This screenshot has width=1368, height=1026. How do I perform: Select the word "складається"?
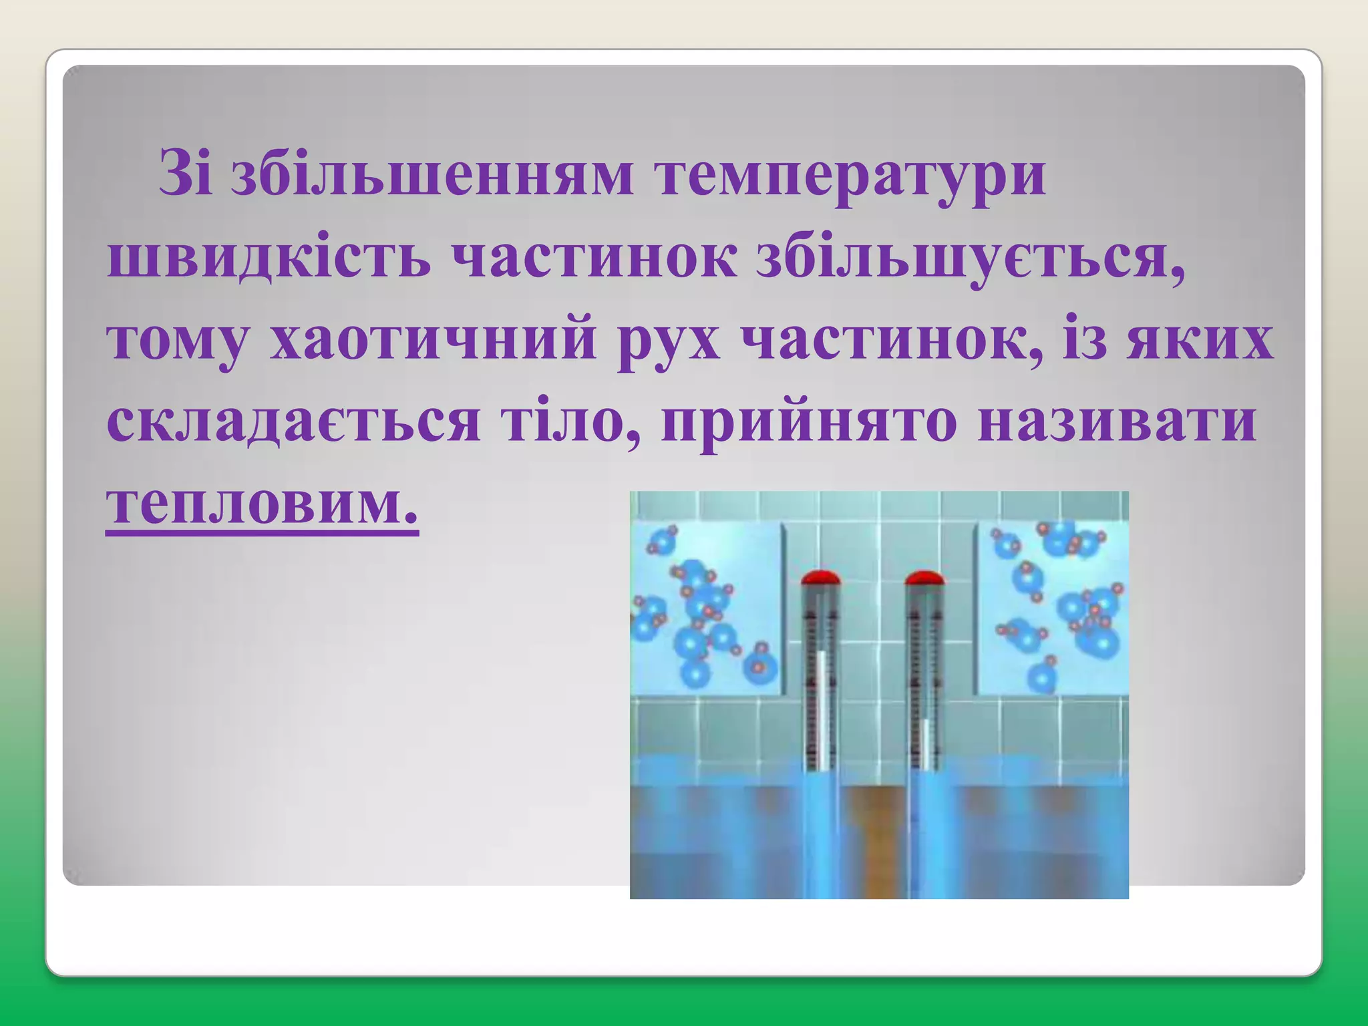293,423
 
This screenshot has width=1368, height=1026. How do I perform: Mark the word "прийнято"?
808,423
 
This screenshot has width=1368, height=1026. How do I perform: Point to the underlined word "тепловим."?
262,504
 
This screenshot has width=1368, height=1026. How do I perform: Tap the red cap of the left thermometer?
820,577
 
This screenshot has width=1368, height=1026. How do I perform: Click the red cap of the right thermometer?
924,577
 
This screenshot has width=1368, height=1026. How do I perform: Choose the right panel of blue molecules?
1053,608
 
